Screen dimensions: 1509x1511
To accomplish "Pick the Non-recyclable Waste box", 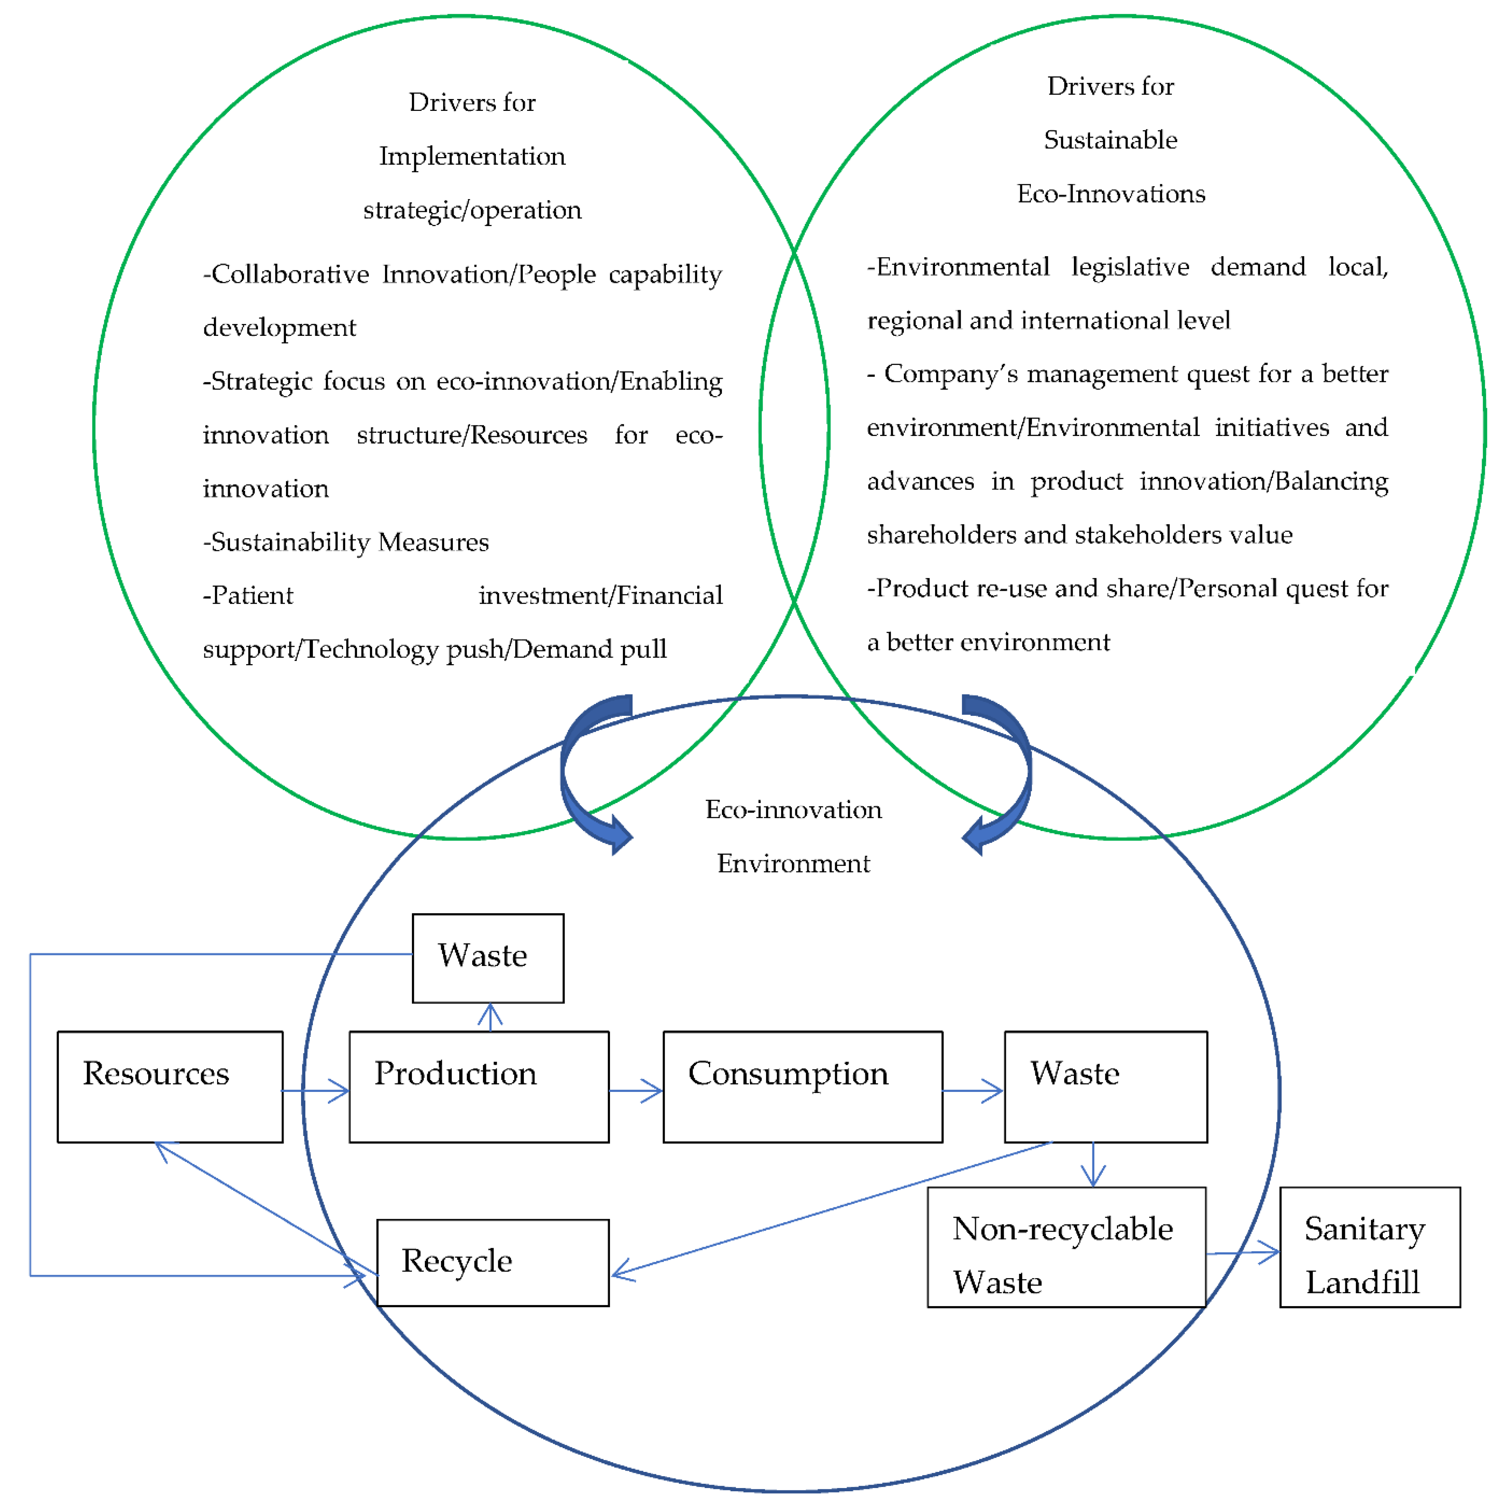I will [x=1066, y=1247].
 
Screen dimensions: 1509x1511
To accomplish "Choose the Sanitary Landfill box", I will [x=1369, y=1247].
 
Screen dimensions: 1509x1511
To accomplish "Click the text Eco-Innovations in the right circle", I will [x=1111, y=193].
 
